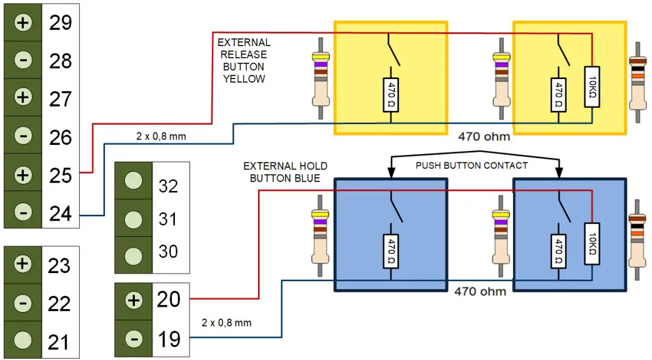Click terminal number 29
point(60,23)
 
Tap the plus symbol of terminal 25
point(23,175)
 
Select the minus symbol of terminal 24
point(23,213)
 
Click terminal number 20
point(168,299)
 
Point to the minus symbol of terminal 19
point(134,339)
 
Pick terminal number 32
point(168,186)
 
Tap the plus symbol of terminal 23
point(23,264)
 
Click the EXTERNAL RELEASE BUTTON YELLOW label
point(244,60)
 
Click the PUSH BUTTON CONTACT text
point(472,165)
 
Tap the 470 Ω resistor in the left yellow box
point(390,94)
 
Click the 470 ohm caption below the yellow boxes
point(484,137)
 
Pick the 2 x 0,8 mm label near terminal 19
point(227,323)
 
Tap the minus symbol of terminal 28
point(23,60)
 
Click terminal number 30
point(168,251)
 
